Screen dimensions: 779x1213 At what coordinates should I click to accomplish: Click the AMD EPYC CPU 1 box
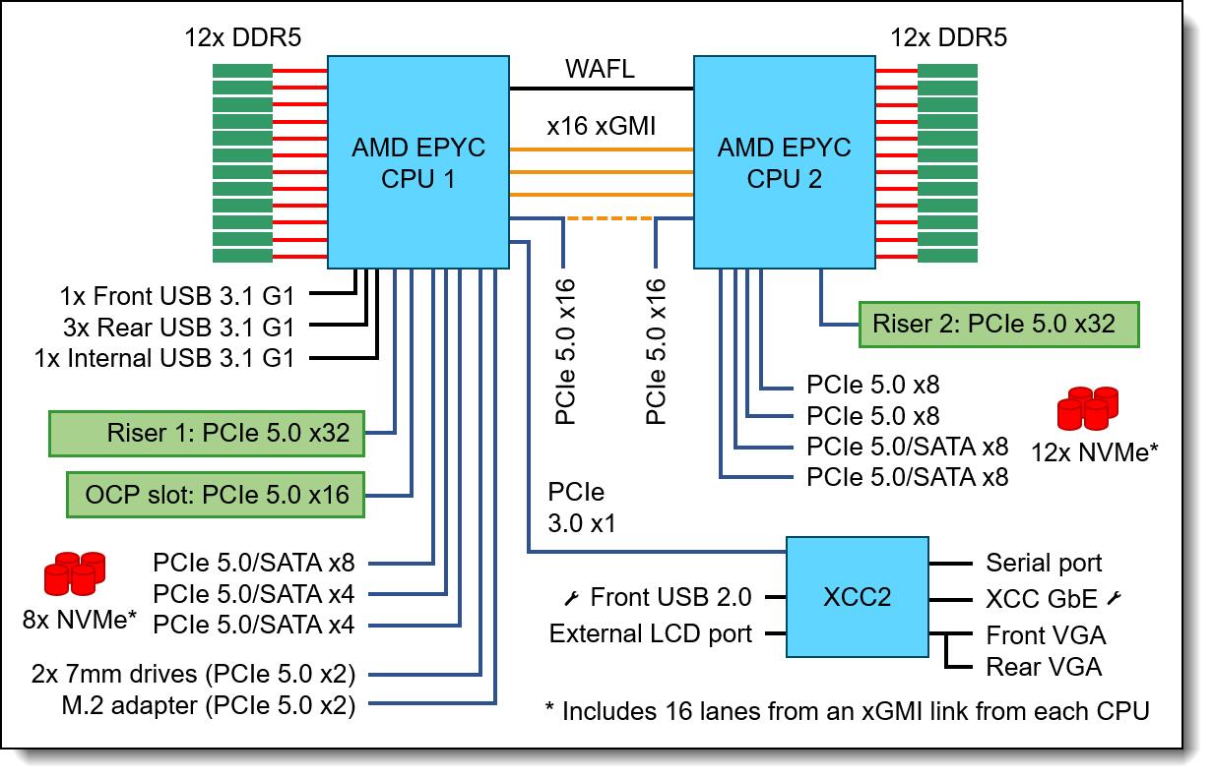(x=417, y=162)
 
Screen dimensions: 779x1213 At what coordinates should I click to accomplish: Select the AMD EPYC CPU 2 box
(x=784, y=162)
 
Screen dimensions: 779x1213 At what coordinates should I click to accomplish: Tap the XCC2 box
(x=857, y=596)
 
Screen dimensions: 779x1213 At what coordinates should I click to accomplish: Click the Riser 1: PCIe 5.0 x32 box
(x=206, y=433)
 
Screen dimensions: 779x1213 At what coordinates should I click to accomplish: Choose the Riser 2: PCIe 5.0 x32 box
(x=999, y=322)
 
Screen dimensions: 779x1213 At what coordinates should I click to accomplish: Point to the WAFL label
(x=600, y=70)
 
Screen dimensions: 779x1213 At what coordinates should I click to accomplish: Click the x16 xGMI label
(x=602, y=127)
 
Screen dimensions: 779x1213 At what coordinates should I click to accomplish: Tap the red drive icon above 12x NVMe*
(x=1087, y=408)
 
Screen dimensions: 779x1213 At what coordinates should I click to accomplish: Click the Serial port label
(x=1044, y=564)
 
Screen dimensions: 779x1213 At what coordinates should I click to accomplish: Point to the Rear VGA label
(x=1044, y=668)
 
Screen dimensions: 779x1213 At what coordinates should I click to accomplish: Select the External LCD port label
(x=651, y=633)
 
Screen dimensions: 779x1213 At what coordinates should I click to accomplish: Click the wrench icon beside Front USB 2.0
(x=571, y=597)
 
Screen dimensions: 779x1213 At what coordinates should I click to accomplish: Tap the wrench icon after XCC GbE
(x=1117, y=597)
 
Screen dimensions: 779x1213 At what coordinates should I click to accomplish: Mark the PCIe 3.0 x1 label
(x=583, y=508)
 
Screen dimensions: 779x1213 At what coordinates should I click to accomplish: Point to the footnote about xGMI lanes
(x=847, y=710)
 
